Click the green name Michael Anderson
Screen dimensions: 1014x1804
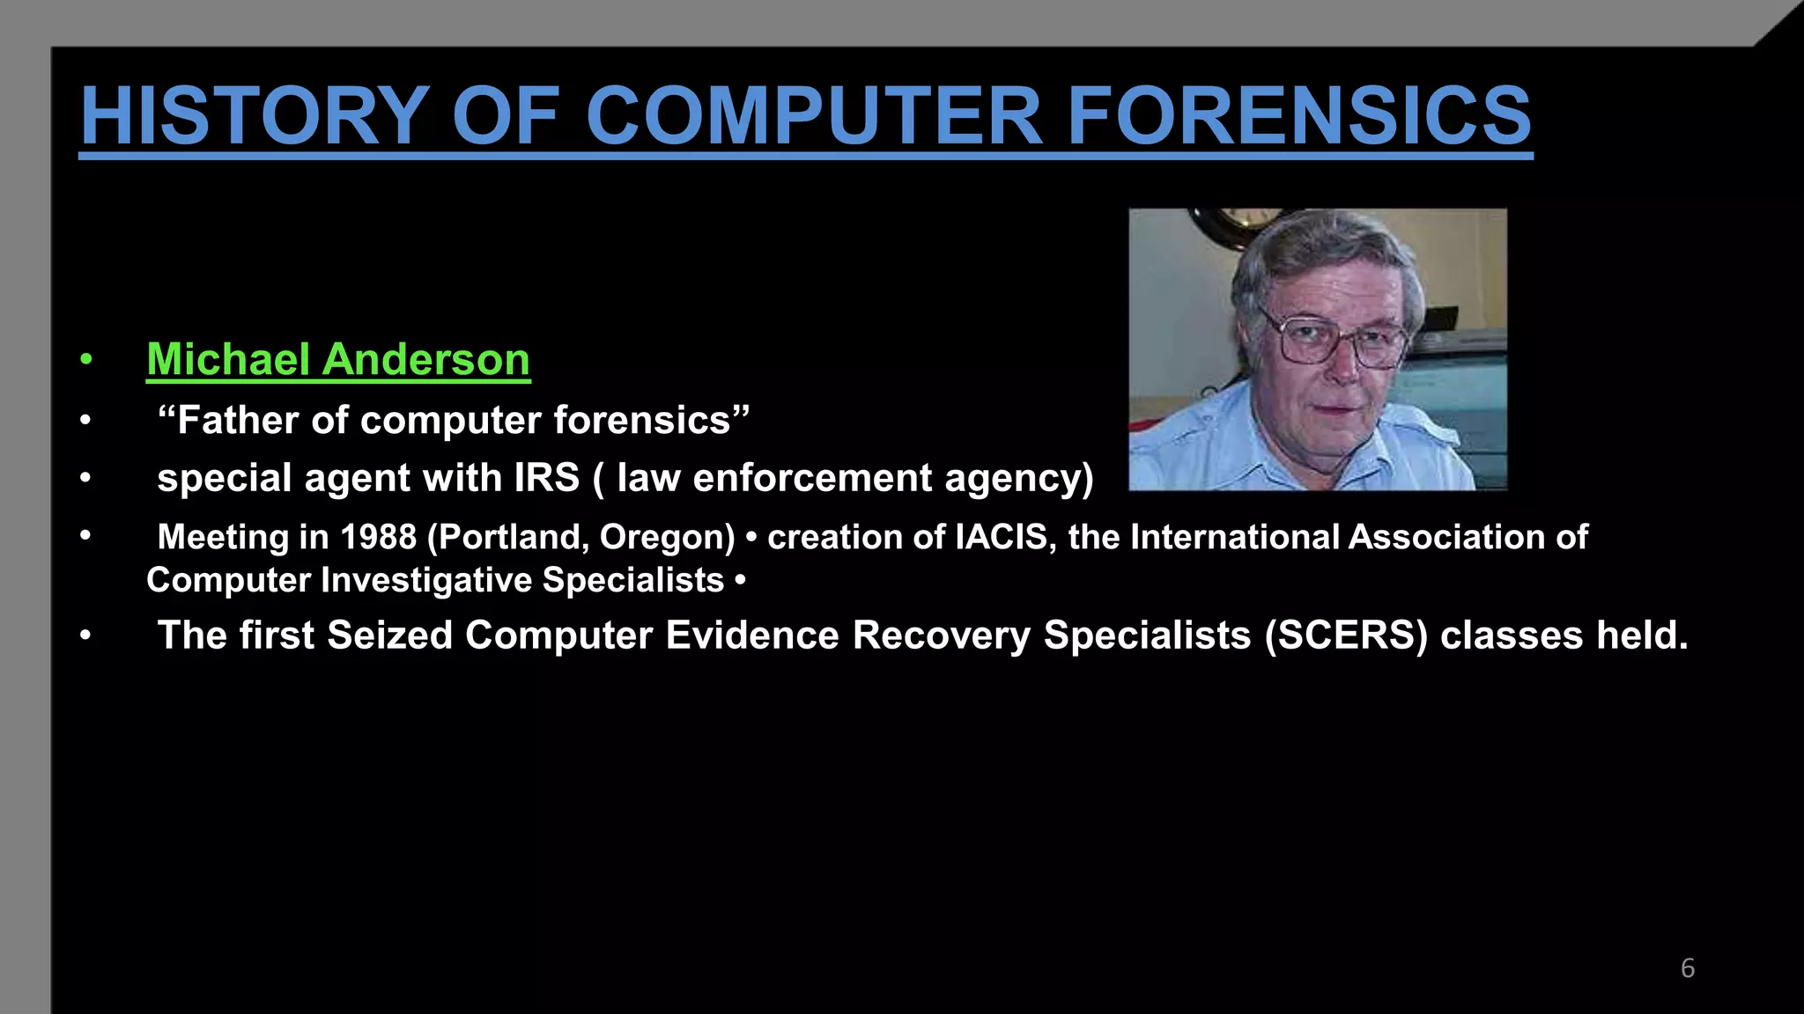point(338,360)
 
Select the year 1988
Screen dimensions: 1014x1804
point(378,537)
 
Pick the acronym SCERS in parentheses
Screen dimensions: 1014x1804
point(1345,636)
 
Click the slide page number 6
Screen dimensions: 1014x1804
point(1687,968)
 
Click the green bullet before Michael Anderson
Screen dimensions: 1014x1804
point(85,359)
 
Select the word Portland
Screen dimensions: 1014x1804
point(508,537)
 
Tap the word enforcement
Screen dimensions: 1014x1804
point(812,478)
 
